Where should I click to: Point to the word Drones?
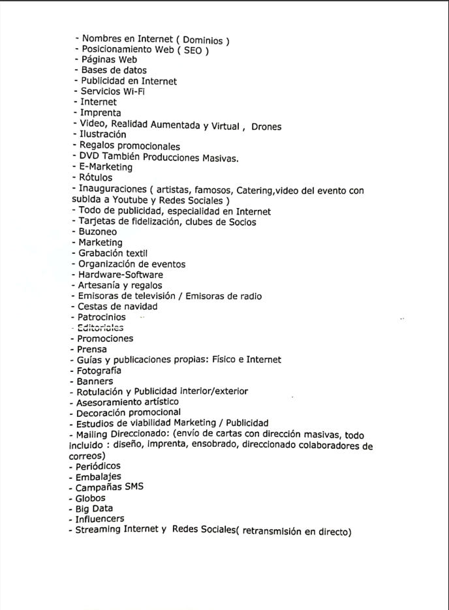point(266,127)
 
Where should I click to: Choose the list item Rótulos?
point(96,177)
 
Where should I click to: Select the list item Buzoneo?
point(98,232)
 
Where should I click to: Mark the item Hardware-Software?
point(121,275)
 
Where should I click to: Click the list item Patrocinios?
point(102,317)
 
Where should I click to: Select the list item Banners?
point(97,381)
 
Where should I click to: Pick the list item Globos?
point(92,498)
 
